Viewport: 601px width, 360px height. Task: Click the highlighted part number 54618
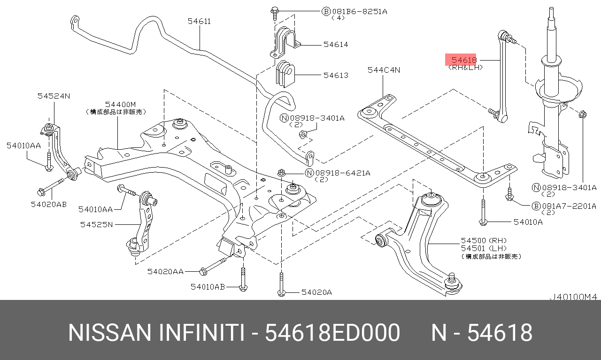click(463, 60)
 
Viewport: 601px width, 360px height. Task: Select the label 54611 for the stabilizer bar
click(199, 21)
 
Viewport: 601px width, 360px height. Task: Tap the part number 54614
click(336, 45)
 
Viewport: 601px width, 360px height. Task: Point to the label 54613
click(336, 75)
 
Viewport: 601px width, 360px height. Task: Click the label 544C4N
click(384, 70)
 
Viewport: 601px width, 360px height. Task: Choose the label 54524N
click(54, 96)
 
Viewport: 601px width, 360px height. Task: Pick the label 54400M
click(120, 104)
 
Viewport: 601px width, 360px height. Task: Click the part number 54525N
click(96, 224)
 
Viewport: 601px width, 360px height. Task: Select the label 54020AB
click(49, 204)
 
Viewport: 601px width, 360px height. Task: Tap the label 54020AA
click(165, 271)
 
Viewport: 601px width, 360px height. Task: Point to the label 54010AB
click(208, 286)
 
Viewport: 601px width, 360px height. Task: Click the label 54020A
click(316, 292)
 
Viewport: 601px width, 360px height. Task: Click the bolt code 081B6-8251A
click(360, 11)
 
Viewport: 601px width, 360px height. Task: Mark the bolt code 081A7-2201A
click(569, 206)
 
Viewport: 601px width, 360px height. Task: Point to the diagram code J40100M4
click(573, 297)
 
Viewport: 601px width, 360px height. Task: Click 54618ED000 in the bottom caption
click(332, 333)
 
